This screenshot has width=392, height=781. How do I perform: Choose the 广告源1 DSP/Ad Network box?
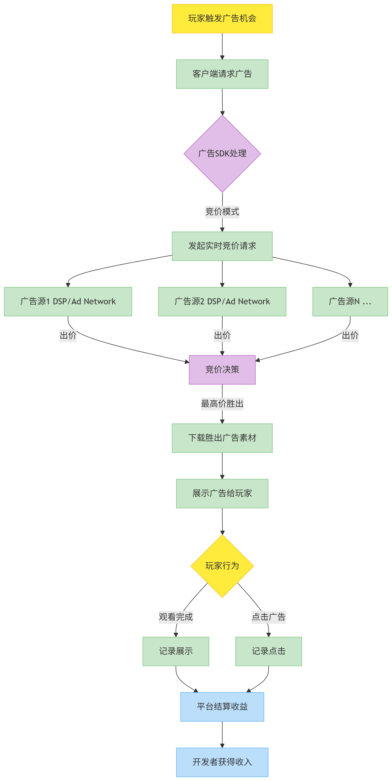[68, 301]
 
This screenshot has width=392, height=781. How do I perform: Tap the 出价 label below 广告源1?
[68, 335]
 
